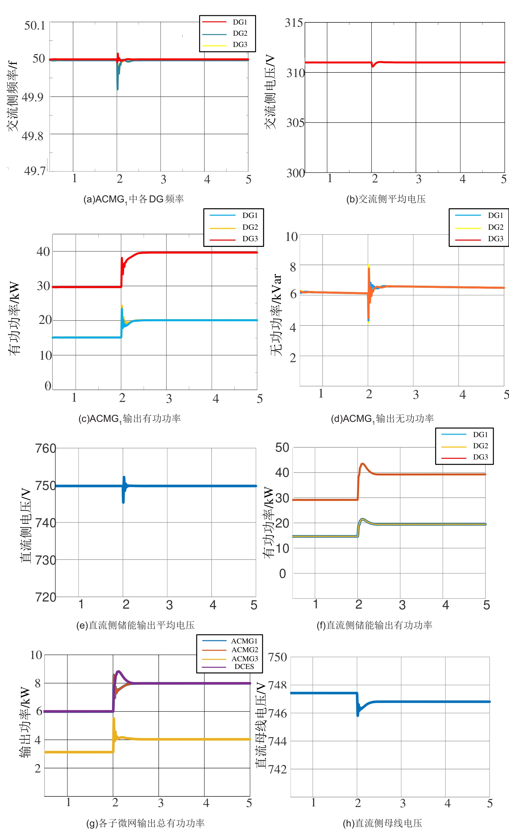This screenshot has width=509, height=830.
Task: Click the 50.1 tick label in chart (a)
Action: (35, 25)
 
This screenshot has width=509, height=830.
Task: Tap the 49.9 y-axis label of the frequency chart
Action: (33, 97)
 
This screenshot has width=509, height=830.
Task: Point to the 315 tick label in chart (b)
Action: (294, 23)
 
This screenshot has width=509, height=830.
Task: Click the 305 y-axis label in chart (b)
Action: (295, 122)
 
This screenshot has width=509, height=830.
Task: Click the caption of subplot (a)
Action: (133, 199)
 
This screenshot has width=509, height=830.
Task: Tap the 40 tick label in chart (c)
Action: (43, 251)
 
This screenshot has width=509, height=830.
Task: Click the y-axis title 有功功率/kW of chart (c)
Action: (14, 318)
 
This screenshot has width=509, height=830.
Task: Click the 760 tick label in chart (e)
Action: (45, 449)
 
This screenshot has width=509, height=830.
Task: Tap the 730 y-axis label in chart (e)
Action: (45, 560)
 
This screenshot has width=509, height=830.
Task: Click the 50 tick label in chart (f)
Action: (282, 448)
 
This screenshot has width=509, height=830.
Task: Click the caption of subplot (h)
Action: (382, 823)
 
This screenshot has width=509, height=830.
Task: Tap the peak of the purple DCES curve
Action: (118, 671)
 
